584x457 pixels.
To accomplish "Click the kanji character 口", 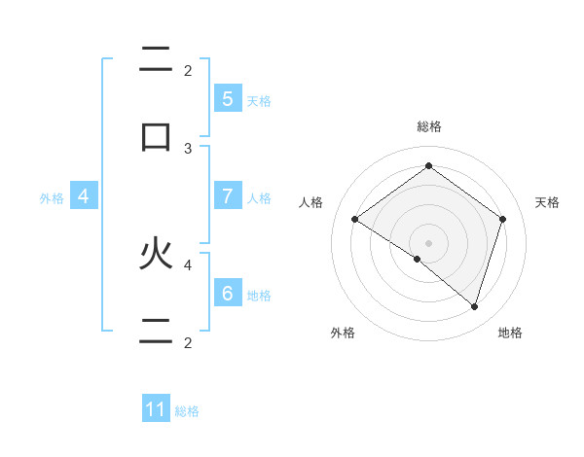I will point(156,136).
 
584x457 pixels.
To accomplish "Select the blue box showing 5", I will point(227,98).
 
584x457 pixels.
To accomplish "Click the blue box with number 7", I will point(227,196).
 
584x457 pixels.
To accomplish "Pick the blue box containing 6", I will point(227,294).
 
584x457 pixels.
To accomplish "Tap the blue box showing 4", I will point(84,196).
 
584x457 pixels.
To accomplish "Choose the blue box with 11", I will point(156,409).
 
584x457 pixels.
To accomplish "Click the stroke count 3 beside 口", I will point(188,149).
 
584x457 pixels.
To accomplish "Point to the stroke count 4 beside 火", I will point(188,264).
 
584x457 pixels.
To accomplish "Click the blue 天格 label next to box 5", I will point(259,100).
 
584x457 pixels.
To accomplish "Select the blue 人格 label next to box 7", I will point(259,198).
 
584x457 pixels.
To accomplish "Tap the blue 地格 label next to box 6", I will point(259,296).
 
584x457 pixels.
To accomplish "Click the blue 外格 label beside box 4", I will point(52,198).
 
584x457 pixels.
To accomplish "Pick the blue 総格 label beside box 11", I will point(187,411).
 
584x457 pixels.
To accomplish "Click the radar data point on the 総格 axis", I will point(428,165).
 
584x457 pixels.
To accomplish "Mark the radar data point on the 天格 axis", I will point(502,219).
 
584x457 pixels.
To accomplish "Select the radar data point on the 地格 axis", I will point(474,306).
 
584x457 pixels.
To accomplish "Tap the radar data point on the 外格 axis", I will point(418,259).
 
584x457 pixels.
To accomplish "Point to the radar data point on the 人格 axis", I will point(354,219).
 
